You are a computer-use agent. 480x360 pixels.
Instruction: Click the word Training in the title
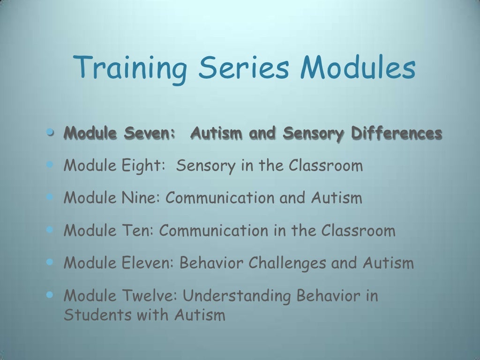click(131, 67)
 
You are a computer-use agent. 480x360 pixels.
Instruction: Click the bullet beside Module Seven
click(51, 133)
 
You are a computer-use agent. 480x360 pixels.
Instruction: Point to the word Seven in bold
click(150, 134)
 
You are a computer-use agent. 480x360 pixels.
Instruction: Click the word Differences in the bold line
click(397, 134)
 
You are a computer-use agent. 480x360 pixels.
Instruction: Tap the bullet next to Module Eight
click(51, 164)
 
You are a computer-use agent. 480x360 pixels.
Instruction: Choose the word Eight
click(144, 165)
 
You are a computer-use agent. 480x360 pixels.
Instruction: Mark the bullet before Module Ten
click(51, 230)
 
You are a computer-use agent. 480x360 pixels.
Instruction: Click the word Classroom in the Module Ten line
click(358, 231)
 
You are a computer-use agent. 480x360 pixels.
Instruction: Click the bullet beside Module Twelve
click(51, 295)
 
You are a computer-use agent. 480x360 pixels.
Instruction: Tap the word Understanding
click(238, 296)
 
